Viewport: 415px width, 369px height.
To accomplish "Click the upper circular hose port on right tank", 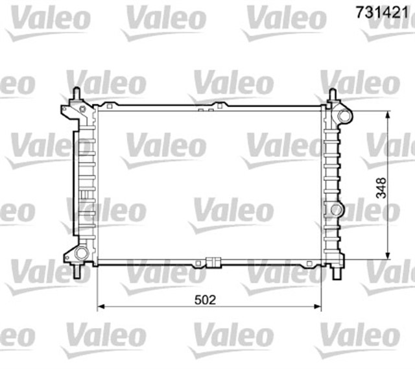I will tap(343, 116).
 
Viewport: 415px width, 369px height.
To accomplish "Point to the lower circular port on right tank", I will tap(336, 209).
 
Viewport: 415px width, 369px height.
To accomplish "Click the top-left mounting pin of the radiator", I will tap(77, 95).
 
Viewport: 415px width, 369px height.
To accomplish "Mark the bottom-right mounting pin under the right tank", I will tap(336, 272).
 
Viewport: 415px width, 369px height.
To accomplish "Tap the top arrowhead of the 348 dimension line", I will tap(388, 114).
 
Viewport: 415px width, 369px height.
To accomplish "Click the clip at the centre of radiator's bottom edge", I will tap(210, 263).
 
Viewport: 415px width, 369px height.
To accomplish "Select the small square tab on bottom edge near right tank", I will tap(310, 263).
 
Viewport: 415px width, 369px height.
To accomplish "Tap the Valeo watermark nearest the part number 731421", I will tap(285, 19).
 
